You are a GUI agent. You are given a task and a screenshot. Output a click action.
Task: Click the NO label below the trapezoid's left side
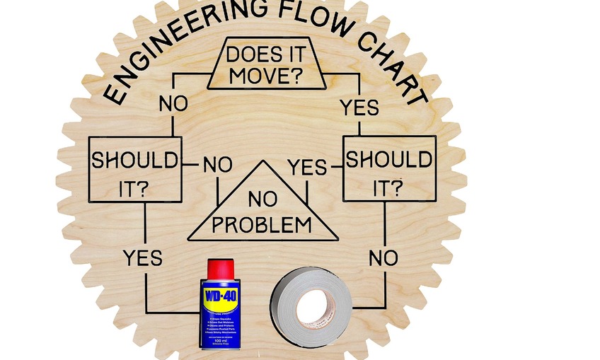click(x=173, y=103)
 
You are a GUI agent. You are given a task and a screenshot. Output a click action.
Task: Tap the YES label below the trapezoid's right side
click(x=359, y=108)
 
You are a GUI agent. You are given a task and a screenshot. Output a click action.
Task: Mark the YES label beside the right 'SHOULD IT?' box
click(x=307, y=167)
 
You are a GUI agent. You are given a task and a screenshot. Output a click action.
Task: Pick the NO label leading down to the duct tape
click(x=383, y=258)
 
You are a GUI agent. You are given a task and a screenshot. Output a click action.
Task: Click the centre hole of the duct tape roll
click(x=311, y=308)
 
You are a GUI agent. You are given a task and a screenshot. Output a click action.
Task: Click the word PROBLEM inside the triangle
click(x=262, y=225)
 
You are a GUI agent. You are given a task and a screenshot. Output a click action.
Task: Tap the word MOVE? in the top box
click(x=267, y=75)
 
